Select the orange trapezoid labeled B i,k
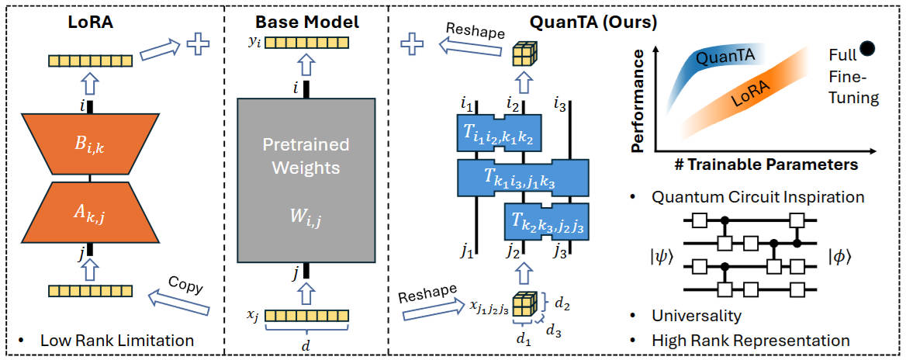[x=89, y=144]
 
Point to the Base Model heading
[x=307, y=22]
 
